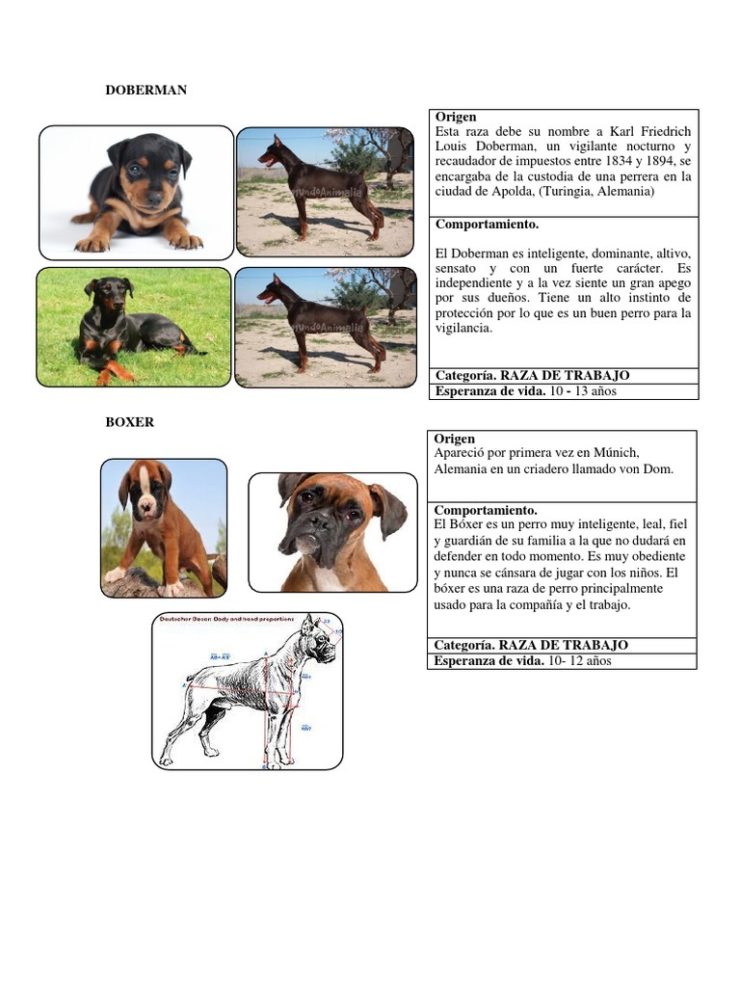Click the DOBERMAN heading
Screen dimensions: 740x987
click(145, 90)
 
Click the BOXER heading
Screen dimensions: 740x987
click(130, 422)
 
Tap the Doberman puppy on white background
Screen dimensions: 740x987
click(137, 193)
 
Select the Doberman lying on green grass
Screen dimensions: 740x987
click(134, 327)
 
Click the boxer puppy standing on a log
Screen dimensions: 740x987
click(164, 527)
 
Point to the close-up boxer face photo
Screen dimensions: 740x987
click(332, 531)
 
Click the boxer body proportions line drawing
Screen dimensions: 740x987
click(248, 690)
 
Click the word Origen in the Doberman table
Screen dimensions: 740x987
click(456, 117)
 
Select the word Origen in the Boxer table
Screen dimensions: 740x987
click(455, 439)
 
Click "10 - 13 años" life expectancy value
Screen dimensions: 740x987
click(582, 391)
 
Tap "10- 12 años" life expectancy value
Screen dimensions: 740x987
click(578, 660)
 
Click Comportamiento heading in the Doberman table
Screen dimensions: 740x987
click(487, 225)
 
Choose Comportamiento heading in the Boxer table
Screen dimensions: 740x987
click(486, 510)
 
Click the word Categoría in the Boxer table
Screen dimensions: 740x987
click(464, 645)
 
